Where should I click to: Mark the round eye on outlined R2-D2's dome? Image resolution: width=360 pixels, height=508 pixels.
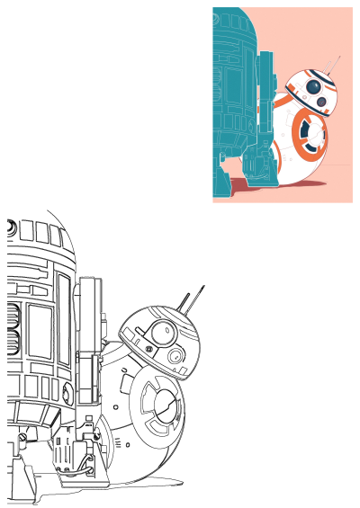click(x=9, y=228)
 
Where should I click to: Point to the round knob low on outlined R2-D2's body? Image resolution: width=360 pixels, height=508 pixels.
click(x=67, y=394)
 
